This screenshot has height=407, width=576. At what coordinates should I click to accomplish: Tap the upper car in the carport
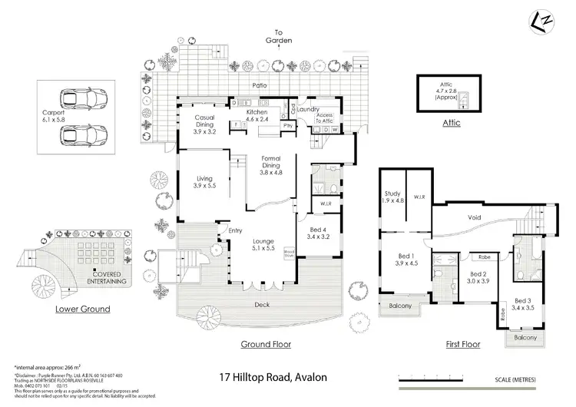point(84,100)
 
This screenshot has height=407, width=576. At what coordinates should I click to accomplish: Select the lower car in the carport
point(84,135)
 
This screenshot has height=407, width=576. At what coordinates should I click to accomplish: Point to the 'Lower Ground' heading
point(82,309)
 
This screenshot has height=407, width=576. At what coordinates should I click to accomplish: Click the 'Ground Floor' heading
point(266,344)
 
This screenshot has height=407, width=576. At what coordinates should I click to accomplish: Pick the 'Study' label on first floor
point(392,195)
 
